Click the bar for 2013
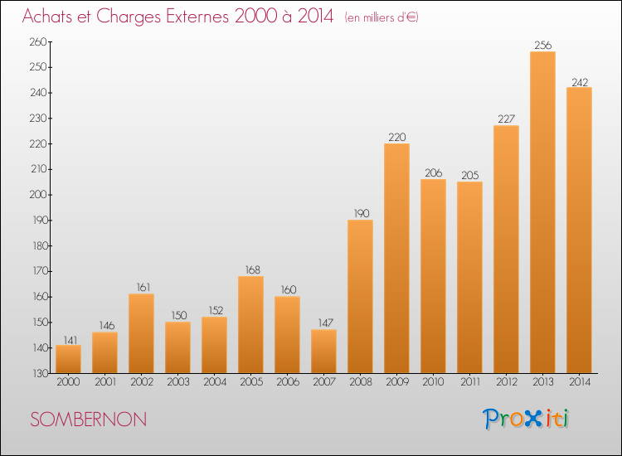(x=542, y=212)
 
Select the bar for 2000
(x=68, y=359)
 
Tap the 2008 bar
(x=360, y=296)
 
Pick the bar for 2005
(x=250, y=324)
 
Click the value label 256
(x=542, y=46)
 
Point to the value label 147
(x=325, y=323)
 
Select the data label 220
(x=396, y=137)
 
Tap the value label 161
(x=143, y=287)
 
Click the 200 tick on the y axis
(x=38, y=195)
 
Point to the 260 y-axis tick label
(x=38, y=41)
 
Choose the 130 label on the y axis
(x=39, y=373)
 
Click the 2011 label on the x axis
(x=470, y=381)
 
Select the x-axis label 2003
(x=178, y=381)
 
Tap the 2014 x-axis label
(x=580, y=381)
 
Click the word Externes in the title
(x=197, y=16)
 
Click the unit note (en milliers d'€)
(x=381, y=17)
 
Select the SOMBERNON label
(x=89, y=420)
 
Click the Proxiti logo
(x=526, y=419)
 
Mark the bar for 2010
(x=433, y=276)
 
